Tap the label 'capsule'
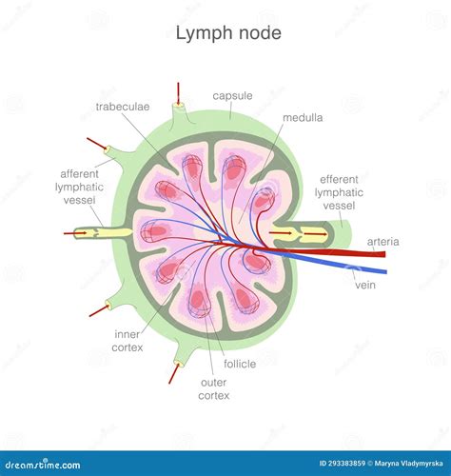click(232, 96)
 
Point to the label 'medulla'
click(303, 118)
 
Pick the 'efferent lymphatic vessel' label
click(339, 192)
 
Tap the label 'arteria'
click(382, 242)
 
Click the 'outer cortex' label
click(214, 388)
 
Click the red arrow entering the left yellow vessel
click(76, 232)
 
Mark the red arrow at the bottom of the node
click(173, 373)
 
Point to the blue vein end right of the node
click(378, 269)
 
